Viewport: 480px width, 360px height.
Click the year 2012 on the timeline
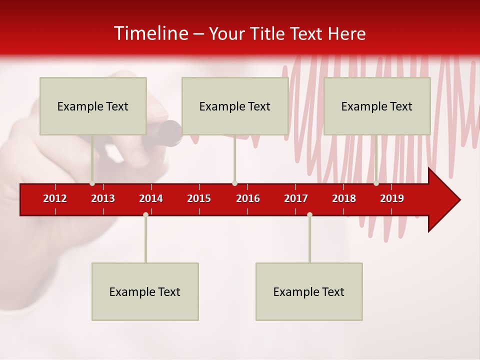click(x=55, y=198)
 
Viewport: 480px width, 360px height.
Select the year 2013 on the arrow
click(x=103, y=198)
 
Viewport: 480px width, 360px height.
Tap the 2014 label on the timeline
click(x=151, y=198)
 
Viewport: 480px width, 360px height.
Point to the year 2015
click(x=199, y=198)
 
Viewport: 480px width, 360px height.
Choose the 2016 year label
click(x=248, y=198)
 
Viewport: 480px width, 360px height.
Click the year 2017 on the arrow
click(x=296, y=198)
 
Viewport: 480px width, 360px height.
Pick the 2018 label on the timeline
click(x=344, y=198)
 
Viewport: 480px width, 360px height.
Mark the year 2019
click(x=392, y=198)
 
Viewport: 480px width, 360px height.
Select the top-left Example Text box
click(x=93, y=106)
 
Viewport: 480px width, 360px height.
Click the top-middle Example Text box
click(x=235, y=106)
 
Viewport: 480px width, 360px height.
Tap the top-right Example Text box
click(x=377, y=106)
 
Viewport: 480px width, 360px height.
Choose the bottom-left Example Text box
click(x=145, y=291)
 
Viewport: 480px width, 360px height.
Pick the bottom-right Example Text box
click(x=309, y=291)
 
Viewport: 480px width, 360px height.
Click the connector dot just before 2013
click(x=92, y=183)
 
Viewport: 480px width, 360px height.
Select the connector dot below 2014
click(x=145, y=214)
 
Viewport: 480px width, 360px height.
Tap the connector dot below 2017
click(x=309, y=214)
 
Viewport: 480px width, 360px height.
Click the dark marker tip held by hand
click(x=170, y=133)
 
